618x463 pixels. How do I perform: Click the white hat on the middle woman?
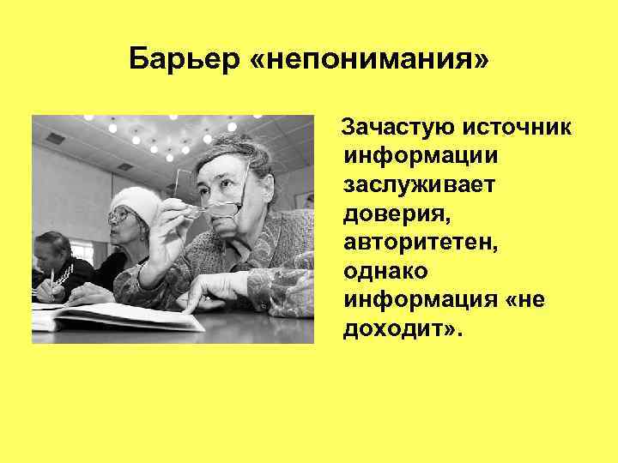coord(136,203)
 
